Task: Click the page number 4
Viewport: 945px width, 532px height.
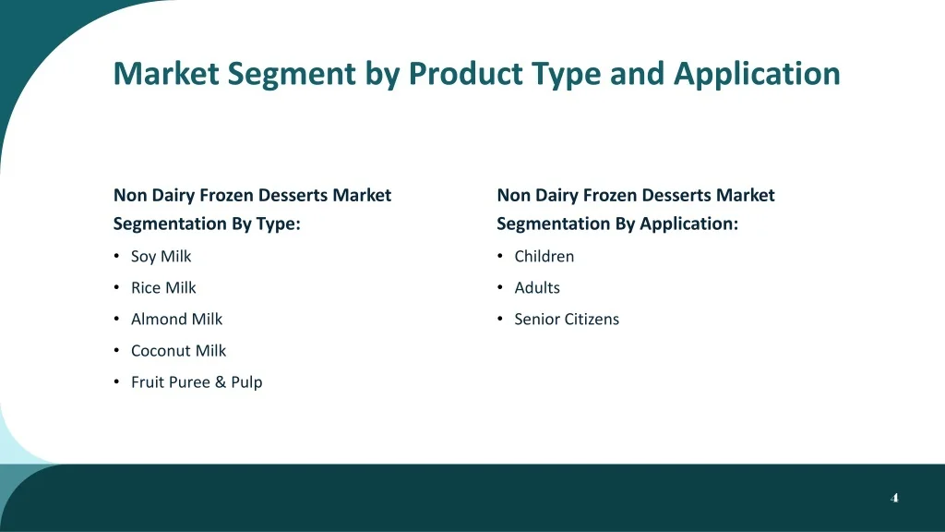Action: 894,498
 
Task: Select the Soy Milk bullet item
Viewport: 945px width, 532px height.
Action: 161,257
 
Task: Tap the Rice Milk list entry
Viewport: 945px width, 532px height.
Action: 163,288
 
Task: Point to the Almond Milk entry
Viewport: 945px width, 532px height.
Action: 176,319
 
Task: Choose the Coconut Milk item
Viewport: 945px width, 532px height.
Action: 178,350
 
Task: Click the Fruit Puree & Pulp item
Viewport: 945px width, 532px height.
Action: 197,382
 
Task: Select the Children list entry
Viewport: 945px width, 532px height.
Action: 544,257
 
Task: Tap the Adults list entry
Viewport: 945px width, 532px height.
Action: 537,288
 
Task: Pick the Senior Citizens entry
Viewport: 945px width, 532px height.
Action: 567,319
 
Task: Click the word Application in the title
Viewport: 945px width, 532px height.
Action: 757,75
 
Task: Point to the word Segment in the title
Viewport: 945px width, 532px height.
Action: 292,75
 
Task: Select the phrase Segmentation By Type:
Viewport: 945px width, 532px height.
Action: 207,224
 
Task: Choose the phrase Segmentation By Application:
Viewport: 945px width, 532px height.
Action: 617,224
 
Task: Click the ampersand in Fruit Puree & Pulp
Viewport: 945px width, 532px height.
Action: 221,382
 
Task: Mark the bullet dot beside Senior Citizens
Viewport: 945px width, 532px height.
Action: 500,319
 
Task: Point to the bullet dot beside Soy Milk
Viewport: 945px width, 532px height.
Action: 116,256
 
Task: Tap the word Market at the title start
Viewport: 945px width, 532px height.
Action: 166,73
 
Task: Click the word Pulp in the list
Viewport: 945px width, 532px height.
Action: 246,382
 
